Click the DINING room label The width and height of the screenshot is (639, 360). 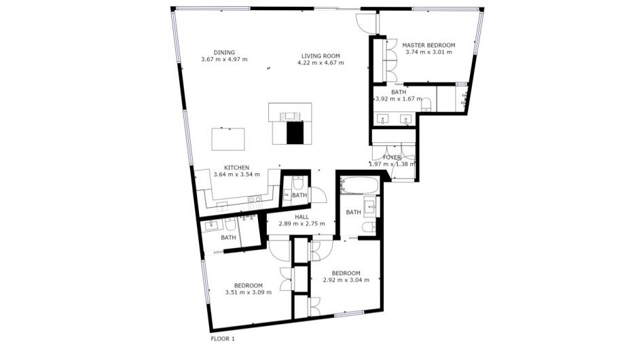point(224,52)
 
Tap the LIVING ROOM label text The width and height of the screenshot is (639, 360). point(321,56)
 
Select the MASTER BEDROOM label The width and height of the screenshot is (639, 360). point(428,46)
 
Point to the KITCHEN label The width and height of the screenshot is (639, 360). point(237,168)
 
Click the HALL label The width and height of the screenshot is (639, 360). point(302,217)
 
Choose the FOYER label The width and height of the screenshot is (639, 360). point(392,158)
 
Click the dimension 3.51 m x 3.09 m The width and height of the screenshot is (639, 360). point(248,292)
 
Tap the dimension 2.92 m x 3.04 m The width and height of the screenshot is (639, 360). point(346,280)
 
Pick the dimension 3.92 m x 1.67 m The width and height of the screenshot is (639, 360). point(398,99)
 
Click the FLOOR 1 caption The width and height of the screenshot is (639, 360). point(223,339)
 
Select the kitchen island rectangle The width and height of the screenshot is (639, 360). point(228,139)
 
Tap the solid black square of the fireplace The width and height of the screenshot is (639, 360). point(295,132)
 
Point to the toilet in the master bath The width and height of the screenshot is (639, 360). point(426,105)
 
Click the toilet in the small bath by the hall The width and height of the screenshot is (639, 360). point(297,183)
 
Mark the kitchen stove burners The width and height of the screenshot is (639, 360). point(255,199)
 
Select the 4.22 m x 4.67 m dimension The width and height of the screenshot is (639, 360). point(321,62)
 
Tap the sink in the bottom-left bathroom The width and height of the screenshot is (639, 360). point(212,225)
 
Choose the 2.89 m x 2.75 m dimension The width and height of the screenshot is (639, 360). point(302,224)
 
